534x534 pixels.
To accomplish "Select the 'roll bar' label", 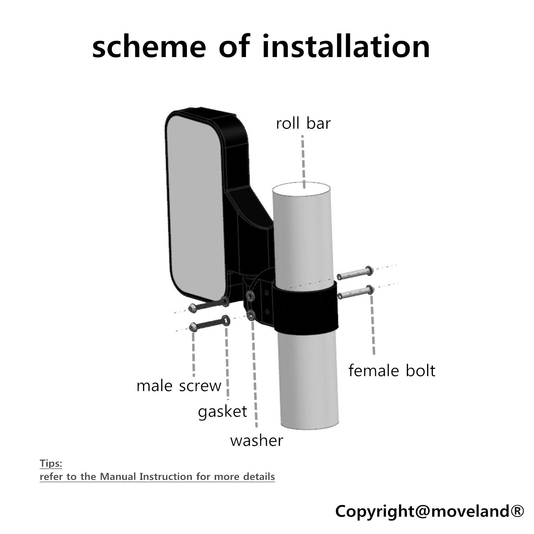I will [x=303, y=124].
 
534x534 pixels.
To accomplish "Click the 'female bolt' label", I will [x=392, y=371].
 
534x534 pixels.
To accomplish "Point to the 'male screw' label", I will [x=179, y=386].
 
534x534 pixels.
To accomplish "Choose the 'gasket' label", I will [x=222, y=412].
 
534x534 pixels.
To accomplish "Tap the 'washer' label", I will [x=257, y=441].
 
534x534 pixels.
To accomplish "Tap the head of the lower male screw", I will [x=193, y=326].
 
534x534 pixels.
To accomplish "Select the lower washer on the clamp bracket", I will [x=251, y=314].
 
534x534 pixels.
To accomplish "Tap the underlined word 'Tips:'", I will [x=51, y=464].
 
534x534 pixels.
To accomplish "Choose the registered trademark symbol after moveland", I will [x=517, y=512].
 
